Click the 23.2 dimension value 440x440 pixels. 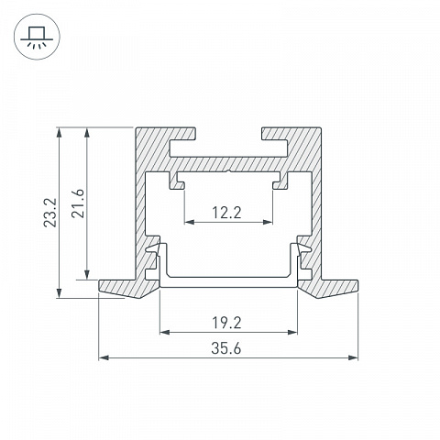[50, 213]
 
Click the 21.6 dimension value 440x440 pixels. [78, 203]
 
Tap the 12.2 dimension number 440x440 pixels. [226, 213]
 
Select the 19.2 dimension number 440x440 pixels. [226, 323]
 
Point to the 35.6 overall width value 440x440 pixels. [226, 348]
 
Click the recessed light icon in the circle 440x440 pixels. [37, 37]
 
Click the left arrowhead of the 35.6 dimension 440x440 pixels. [104, 357]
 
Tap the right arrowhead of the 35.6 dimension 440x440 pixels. [353, 357]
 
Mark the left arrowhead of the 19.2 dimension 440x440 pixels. [165, 332]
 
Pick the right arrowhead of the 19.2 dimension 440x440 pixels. [292, 332]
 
